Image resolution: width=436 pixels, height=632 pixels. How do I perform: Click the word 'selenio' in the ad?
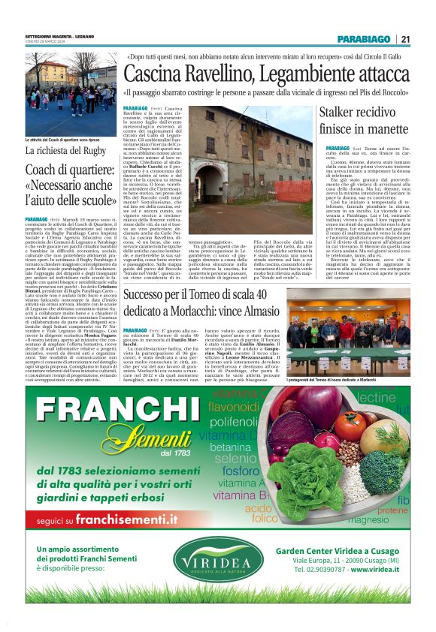click(x=235, y=458)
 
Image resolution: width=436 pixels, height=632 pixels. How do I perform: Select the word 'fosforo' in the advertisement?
click(x=241, y=471)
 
